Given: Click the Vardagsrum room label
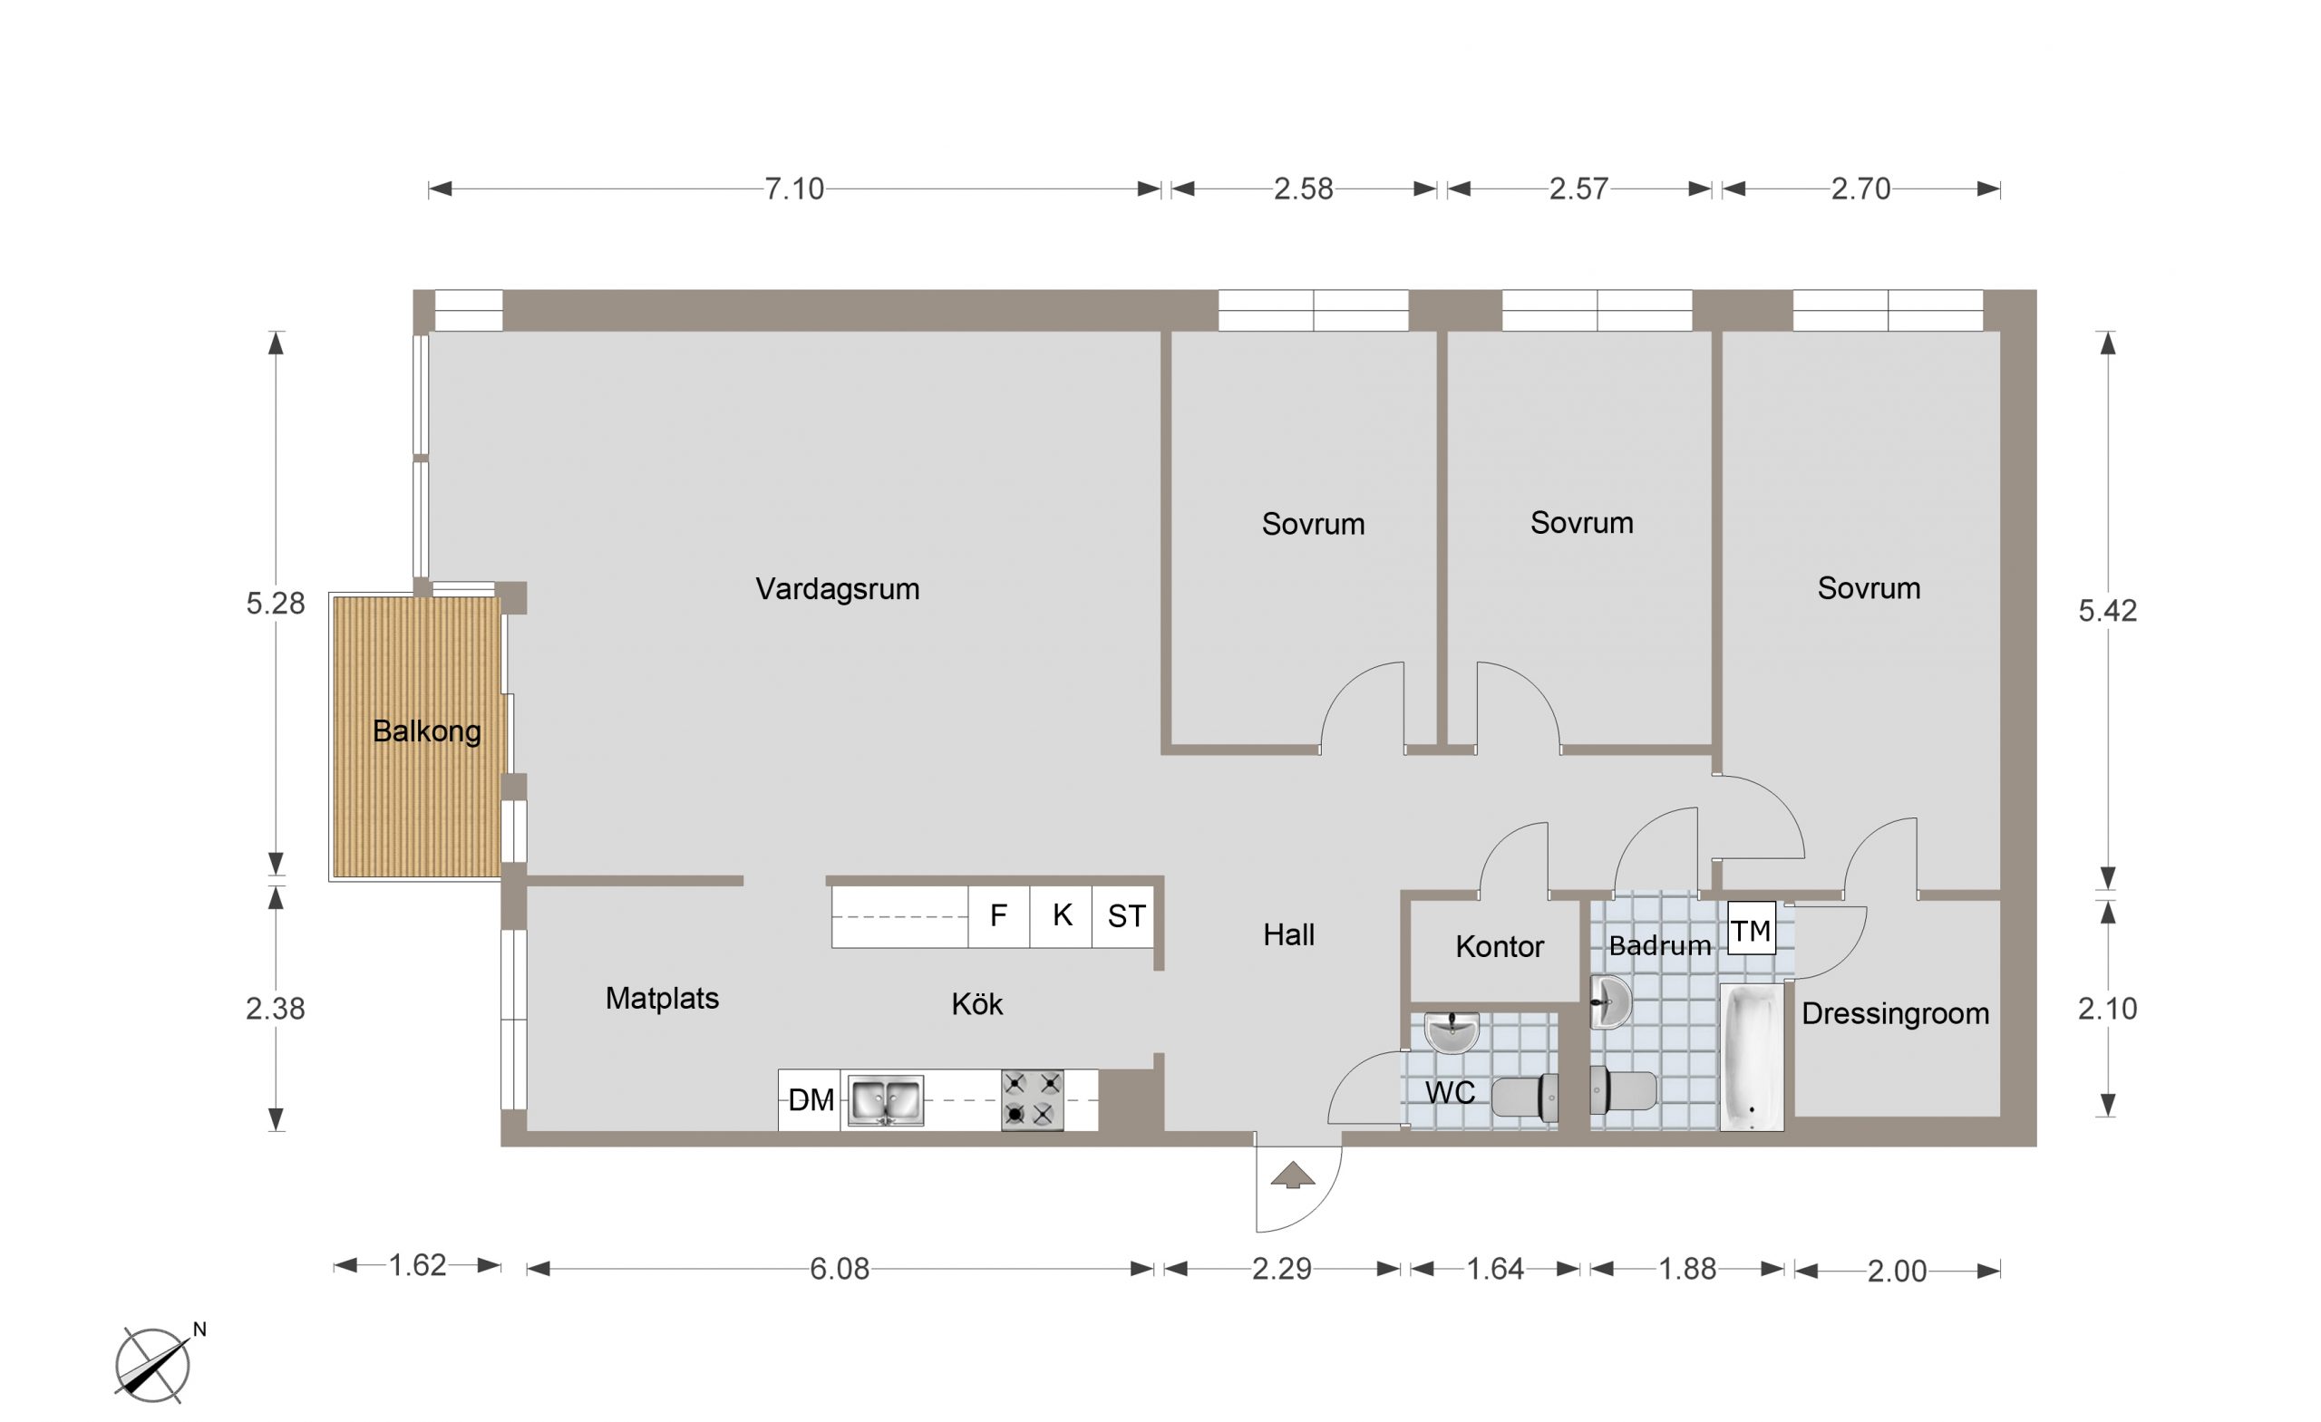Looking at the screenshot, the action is (x=838, y=589).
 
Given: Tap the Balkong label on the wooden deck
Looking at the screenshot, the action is (x=427, y=730).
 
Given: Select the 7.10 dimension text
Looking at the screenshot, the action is (x=794, y=189).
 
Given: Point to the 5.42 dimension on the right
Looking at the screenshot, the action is (x=2107, y=610).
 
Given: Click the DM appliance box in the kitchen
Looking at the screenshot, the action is (x=811, y=1100).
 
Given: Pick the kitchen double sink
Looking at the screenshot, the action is (x=886, y=1100).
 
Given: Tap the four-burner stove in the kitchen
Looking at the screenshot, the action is (x=1033, y=1100).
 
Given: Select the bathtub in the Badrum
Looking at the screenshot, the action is (x=1752, y=1058).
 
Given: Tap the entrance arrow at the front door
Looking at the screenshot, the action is (x=1292, y=1175).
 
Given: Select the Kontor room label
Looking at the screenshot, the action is (x=1500, y=946).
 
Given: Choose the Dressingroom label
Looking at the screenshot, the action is (x=1895, y=1014).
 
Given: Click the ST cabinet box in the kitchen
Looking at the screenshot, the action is (x=1126, y=916).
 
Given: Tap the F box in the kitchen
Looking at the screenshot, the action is (x=998, y=916).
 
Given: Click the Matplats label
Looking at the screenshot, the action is (x=662, y=998).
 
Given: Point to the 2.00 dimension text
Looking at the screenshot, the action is (x=1897, y=1272).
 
